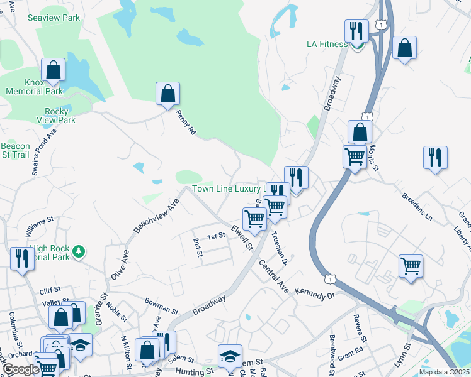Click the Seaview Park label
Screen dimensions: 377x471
point(54,18)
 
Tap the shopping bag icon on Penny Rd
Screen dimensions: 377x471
point(167,94)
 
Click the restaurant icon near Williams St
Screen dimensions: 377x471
point(22,258)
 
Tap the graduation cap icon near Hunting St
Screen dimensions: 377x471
point(230,356)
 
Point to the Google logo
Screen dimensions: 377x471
point(21,369)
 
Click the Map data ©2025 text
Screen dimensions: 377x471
point(444,371)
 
